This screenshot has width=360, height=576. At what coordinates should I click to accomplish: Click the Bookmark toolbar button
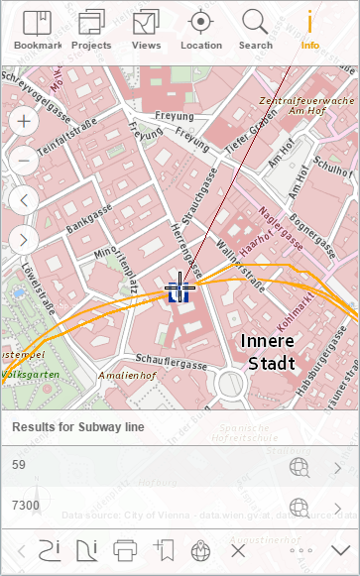pyautogui.click(x=37, y=29)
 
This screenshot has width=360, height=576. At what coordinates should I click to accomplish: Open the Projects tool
pyautogui.click(x=91, y=29)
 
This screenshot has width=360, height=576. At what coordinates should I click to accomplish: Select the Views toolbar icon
pyautogui.click(x=146, y=29)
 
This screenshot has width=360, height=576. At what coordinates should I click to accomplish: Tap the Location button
pyautogui.click(x=201, y=29)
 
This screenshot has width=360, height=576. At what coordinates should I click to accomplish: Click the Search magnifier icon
pyautogui.click(x=255, y=29)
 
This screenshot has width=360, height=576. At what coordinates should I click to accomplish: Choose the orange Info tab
pyautogui.click(x=310, y=29)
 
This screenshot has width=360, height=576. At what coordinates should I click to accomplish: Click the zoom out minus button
pyautogui.click(x=24, y=161)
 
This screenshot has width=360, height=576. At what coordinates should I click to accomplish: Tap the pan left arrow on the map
pyautogui.click(x=24, y=199)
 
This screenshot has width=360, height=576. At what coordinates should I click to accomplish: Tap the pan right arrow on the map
pyautogui.click(x=24, y=238)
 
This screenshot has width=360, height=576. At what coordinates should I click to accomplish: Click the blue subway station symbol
pyautogui.click(x=179, y=291)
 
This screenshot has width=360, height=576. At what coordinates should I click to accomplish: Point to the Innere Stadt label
pyautogui.click(x=268, y=352)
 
